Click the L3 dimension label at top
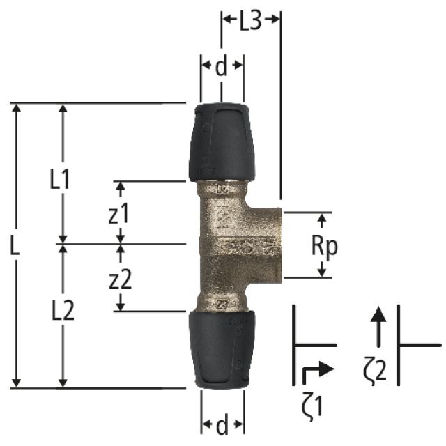pos(250,22)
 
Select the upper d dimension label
pos(221,68)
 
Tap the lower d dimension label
pos(221,424)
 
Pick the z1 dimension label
pos(119,215)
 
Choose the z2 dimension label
pos(120,279)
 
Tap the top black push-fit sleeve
pos(221,142)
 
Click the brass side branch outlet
pos(267,243)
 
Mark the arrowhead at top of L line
pos(16,109)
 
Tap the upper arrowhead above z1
pos(120,187)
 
